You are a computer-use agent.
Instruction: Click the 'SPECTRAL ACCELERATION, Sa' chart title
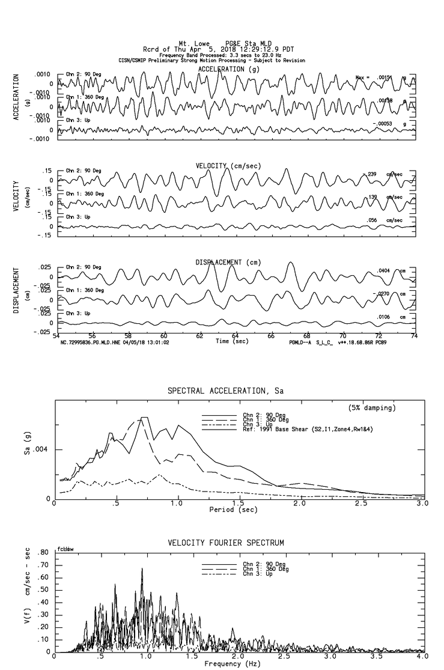[225, 391]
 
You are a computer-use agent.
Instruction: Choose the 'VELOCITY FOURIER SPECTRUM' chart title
[225, 543]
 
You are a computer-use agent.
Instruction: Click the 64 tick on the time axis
[235, 336]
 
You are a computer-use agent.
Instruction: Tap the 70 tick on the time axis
[342, 336]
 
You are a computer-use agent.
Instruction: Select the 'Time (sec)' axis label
[232, 341]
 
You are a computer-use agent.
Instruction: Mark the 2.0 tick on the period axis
[300, 504]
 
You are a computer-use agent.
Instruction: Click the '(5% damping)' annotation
[372, 408]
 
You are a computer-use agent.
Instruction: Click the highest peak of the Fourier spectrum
[142, 568]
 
